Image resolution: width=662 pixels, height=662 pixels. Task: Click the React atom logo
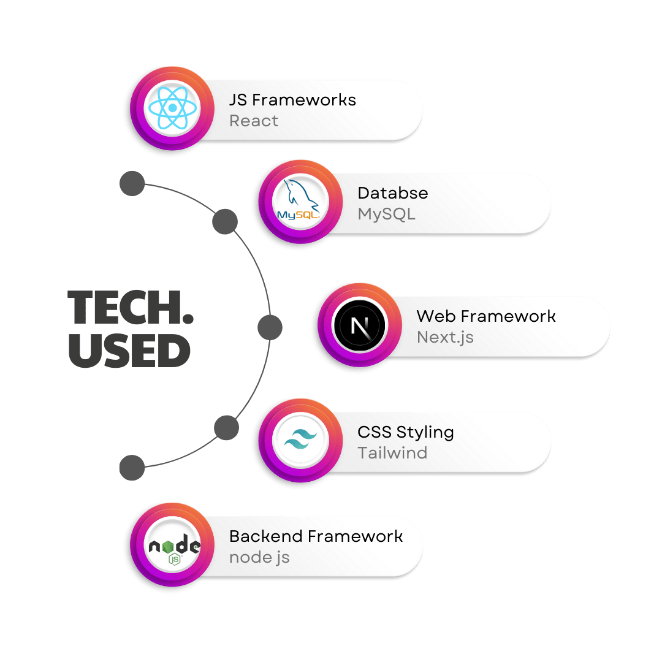tap(172, 108)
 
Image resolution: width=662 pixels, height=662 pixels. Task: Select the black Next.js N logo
tap(359, 325)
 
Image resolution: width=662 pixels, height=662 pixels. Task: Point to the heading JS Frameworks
tap(292, 100)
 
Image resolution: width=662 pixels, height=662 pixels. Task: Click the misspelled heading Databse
tap(392, 193)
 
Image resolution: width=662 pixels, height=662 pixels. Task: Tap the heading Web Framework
tap(486, 316)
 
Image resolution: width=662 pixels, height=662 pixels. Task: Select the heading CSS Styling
tap(406, 432)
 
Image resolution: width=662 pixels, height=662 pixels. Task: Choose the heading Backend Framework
tap(316, 536)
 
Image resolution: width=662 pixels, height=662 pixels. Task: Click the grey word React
tap(253, 121)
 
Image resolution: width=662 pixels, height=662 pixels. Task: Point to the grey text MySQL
tap(386, 214)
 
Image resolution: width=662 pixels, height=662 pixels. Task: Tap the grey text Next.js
tap(445, 337)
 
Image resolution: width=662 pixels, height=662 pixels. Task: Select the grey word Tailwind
tap(392, 453)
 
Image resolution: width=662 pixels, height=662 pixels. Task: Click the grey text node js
tap(259, 558)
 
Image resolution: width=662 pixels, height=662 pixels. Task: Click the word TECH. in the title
tap(130, 308)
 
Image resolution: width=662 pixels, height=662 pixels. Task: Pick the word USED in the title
tap(129, 351)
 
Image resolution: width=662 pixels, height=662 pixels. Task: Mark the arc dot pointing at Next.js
tap(270, 328)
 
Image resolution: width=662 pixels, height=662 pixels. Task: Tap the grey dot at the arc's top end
tap(132, 184)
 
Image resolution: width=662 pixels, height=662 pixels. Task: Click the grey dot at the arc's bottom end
tap(132, 468)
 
